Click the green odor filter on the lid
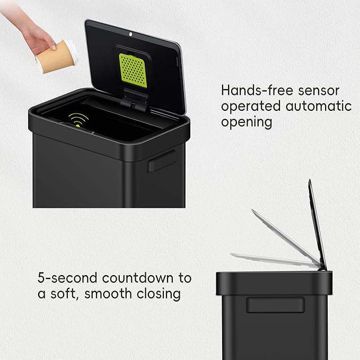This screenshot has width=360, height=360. click(133, 68)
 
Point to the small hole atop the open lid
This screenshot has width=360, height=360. click(130, 33)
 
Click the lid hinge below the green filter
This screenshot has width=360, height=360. click(136, 100)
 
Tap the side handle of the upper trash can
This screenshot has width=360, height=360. click(162, 160)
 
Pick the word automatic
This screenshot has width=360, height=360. click(319, 106)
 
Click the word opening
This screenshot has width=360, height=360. click(247, 122)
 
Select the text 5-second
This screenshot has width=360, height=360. click(66, 278)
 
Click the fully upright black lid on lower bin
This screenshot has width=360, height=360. click(317, 223)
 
